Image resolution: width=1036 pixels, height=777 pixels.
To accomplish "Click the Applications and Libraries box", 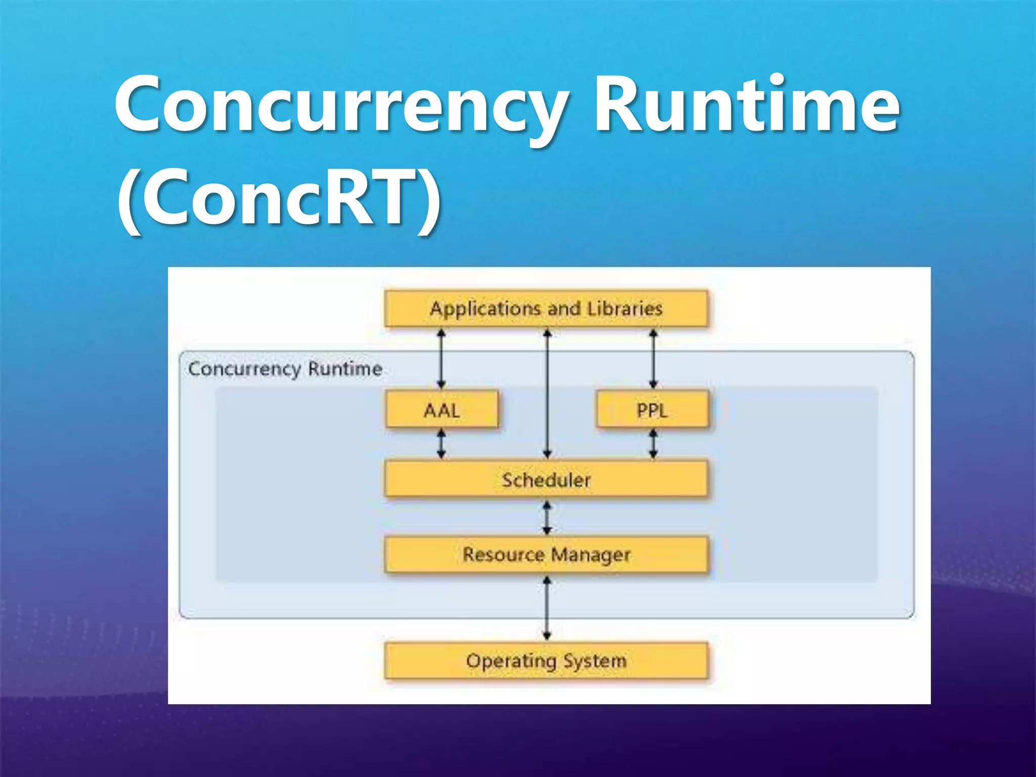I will (x=546, y=308).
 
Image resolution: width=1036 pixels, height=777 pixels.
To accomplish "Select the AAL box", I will (x=442, y=410).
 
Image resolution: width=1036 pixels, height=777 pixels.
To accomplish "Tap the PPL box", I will (x=653, y=410).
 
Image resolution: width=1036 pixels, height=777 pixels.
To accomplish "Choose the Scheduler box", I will (x=546, y=479).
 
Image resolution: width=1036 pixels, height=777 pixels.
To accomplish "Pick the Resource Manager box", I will (x=546, y=554).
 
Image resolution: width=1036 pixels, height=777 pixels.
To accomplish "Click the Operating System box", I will (x=546, y=661).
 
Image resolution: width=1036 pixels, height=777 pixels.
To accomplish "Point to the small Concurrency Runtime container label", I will (x=285, y=369).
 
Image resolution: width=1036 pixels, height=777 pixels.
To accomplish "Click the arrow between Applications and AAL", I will (x=442, y=359).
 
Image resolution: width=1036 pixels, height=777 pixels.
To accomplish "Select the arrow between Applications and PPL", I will (x=653, y=359).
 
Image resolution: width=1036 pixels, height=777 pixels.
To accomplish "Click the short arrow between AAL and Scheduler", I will (x=442, y=444).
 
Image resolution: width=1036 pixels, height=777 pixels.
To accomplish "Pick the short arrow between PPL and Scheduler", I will (x=653, y=444).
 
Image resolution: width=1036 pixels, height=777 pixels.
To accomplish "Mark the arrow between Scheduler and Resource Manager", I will (x=547, y=517).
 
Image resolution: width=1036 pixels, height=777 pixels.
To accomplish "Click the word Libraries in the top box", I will (x=625, y=308).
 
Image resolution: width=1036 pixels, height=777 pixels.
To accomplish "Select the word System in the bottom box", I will (x=595, y=661).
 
